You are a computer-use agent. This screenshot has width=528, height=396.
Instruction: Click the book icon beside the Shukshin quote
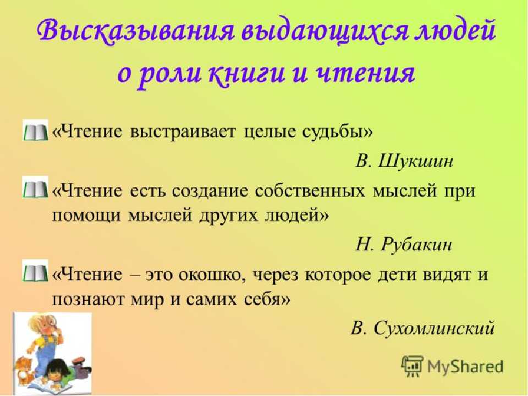coord(35,131)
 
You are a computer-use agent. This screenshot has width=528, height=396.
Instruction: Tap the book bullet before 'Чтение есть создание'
coord(35,188)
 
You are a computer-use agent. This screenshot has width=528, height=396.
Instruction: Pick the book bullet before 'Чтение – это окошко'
coord(35,271)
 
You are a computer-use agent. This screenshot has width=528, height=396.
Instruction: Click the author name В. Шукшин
coord(404,161)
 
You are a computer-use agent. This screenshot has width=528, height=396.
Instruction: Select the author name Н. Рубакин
coord(403,244)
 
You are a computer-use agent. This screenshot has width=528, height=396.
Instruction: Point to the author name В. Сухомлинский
coord(422,327)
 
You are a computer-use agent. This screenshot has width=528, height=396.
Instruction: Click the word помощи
coord(86,216)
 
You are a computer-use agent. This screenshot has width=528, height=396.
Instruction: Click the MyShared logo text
coord(465,366)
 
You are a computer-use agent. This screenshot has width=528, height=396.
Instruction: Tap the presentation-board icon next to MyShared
coord(412,366)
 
